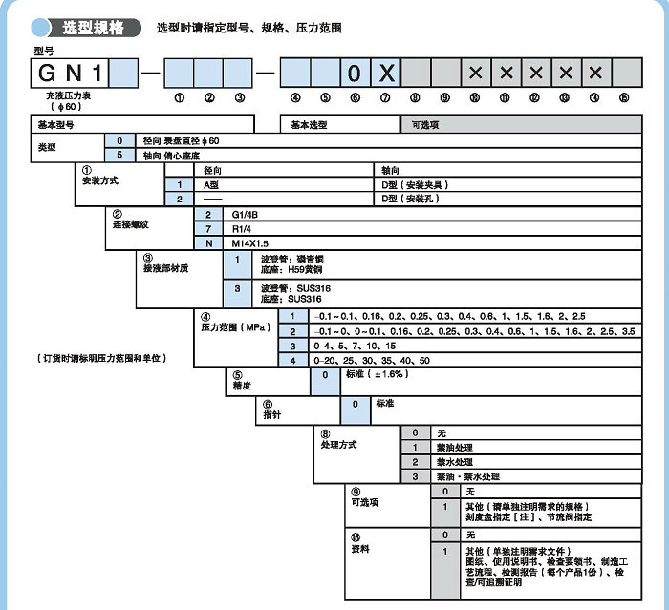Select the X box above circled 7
[x=385, y=74]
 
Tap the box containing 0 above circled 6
[x=355, y=74]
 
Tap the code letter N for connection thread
[x=207, y=243]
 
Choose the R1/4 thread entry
[x=242, y=230]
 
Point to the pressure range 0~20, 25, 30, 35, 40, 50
[x=372, y=360]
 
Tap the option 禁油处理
[x=455, y=447]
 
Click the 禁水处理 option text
[x=455, y=461]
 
